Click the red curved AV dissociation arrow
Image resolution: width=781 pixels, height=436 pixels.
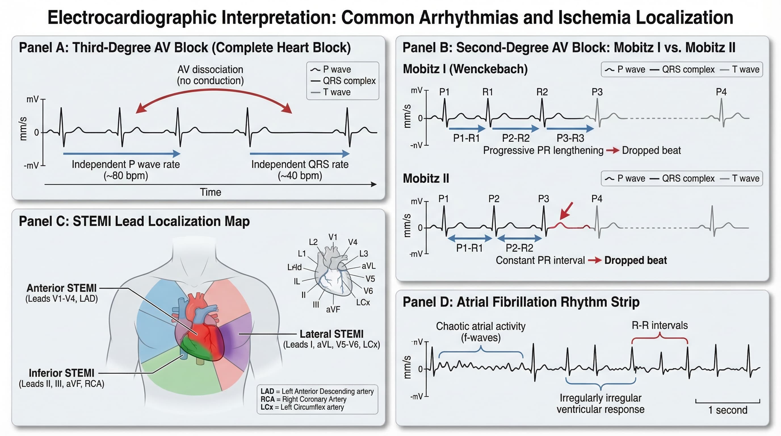pos(213,90)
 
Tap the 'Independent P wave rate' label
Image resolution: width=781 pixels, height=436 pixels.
pos(125,164)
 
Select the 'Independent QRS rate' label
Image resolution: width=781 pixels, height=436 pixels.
pos(300,164)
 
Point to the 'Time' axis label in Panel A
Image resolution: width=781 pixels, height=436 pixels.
pos(210,192)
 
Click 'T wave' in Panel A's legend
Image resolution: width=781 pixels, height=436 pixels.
pos(337,92)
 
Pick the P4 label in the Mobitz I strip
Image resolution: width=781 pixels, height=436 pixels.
pos(721,92)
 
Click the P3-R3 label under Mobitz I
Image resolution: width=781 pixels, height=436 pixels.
pos(570,138)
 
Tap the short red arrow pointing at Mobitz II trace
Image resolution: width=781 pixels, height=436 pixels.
pos(566,210)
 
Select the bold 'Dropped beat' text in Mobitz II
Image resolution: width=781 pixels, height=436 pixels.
pos(635,261)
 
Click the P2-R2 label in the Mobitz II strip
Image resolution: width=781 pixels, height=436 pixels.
pos(519,248)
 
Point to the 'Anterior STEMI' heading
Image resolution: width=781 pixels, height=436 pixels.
pos(62,288)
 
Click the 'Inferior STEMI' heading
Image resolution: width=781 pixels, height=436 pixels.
pos(62,373)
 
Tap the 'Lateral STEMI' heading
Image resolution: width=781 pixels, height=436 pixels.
pos(331,334)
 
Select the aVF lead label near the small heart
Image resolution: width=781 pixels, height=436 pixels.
pos(333,310)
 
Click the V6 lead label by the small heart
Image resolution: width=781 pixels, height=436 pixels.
pos(368,291)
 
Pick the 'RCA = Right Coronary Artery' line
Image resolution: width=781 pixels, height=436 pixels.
pos(303,399)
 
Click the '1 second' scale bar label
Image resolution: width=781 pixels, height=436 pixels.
pos(728,410)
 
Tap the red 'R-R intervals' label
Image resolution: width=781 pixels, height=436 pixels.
pos(660,326)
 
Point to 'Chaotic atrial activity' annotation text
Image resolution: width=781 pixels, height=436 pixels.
pos(480,326)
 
